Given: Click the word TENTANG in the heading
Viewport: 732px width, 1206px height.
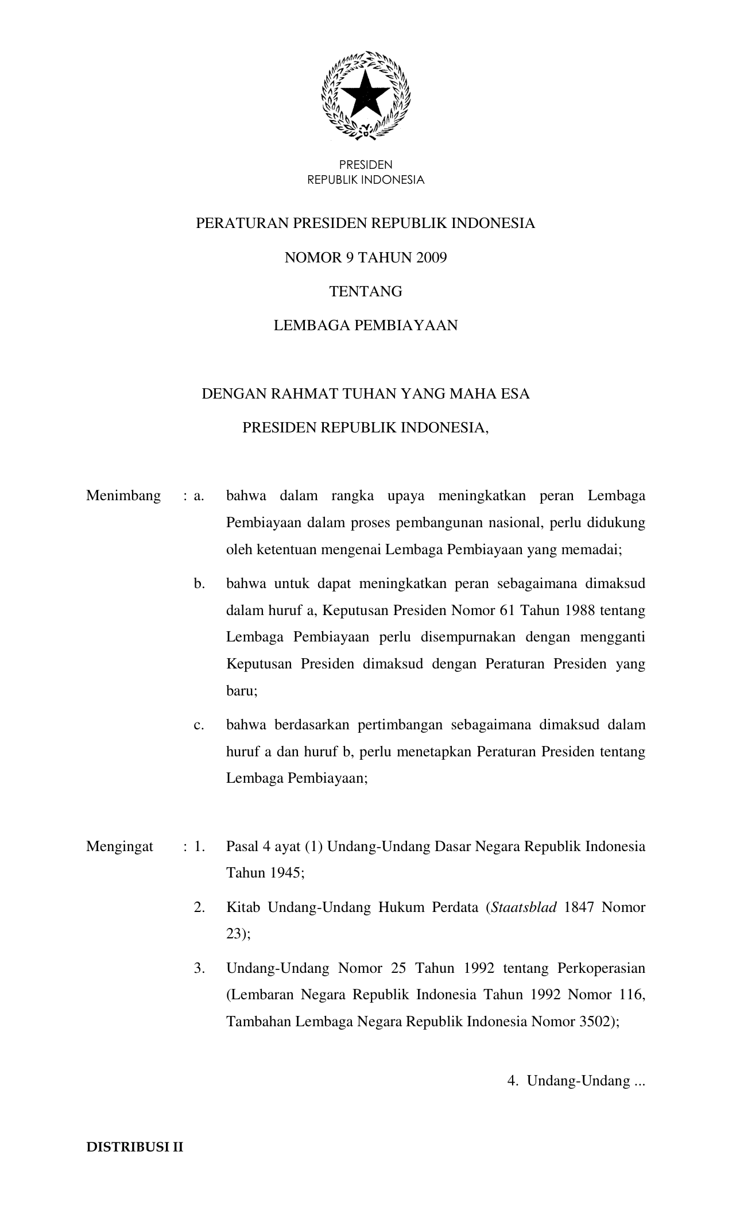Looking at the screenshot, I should click(366, 292).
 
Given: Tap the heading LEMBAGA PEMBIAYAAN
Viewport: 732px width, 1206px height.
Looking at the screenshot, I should click(366, 326).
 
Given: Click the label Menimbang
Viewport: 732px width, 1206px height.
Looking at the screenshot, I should click(123, 496).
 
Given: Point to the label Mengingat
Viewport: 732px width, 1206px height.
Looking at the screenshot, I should click(120, 846).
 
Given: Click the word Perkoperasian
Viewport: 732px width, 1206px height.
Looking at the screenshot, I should click(601, 968).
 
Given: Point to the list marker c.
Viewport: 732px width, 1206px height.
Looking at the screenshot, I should click(199, 725).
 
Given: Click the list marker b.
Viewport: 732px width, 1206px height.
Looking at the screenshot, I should click(199, 584).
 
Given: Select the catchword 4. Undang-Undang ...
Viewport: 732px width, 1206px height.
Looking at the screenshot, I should click(576, 1081).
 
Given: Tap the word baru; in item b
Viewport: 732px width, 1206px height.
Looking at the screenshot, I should click(242, 691).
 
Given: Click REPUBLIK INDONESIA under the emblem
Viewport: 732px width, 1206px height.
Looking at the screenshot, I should click(366, 180).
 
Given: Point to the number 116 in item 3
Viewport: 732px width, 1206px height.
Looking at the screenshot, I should click(632, 995).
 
